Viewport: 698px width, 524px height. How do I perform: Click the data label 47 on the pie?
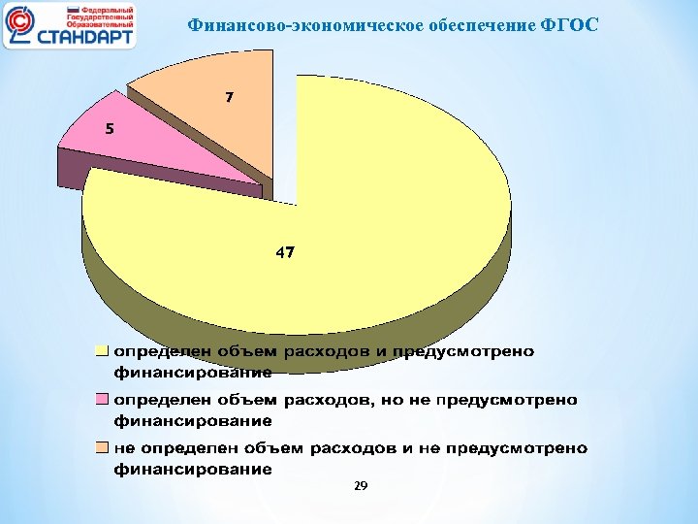point(285,252)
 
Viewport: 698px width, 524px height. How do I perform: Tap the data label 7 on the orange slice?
point(229,98)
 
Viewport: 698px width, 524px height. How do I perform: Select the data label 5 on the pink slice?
point(110,129)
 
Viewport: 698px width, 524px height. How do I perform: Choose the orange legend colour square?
point(100,449)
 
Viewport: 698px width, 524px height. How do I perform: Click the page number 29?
point(361,486)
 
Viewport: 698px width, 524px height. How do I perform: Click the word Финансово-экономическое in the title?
point(279,24)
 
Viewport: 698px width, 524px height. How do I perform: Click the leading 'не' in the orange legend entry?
point(124,449)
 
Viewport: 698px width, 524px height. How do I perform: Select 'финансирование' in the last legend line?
point(193,470)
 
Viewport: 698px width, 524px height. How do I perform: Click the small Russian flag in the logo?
point(72,10)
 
